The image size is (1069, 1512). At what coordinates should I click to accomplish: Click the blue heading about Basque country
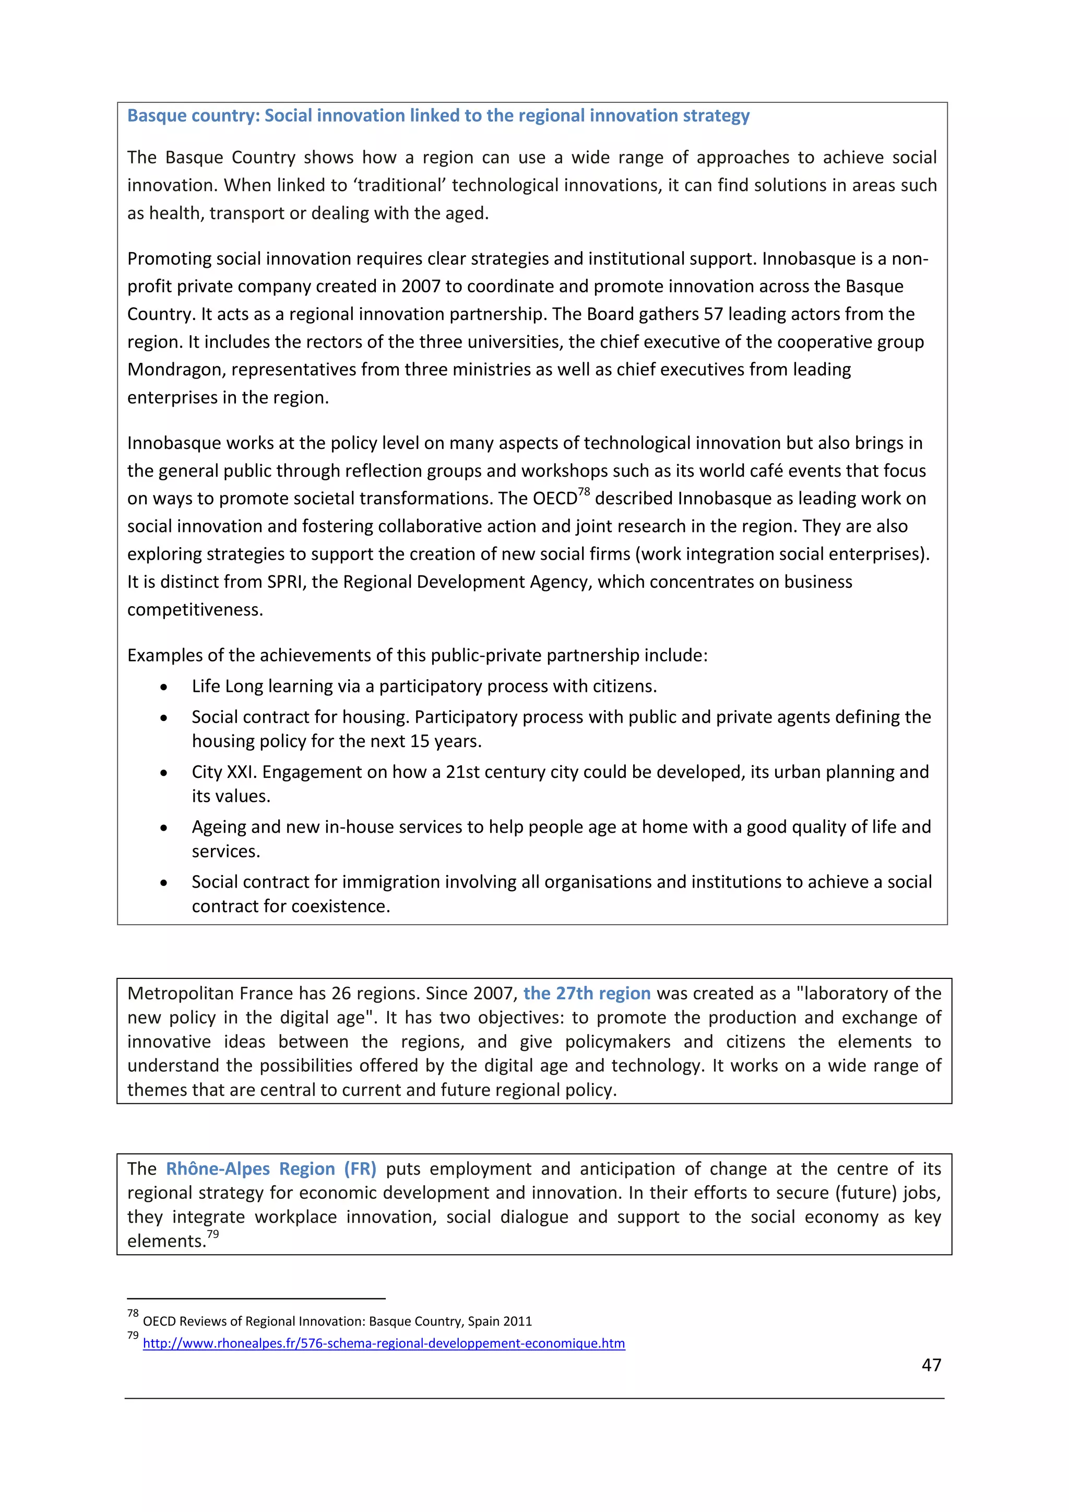tap(438, 116)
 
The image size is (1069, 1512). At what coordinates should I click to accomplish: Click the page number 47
tap(931, 1365)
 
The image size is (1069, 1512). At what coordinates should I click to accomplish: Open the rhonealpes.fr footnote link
tap(383, 1343)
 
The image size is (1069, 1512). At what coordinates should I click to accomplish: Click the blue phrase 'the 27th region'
tap(587, 993)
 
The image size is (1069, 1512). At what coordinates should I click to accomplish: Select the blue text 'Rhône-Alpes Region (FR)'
tap(270, 1169)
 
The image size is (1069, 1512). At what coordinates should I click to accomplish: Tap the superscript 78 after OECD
tap(584, 492)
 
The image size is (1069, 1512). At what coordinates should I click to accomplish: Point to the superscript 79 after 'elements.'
tap(212, 1234)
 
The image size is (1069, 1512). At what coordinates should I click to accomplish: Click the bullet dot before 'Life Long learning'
tap(163, 688)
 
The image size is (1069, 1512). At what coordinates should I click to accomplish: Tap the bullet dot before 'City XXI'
tap(163, 773)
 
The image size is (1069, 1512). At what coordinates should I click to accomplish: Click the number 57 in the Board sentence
tap(713, 314)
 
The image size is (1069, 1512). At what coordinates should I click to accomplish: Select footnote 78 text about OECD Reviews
tap(337, 1321)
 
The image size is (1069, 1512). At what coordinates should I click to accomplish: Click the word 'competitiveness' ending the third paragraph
tap(194, 610)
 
